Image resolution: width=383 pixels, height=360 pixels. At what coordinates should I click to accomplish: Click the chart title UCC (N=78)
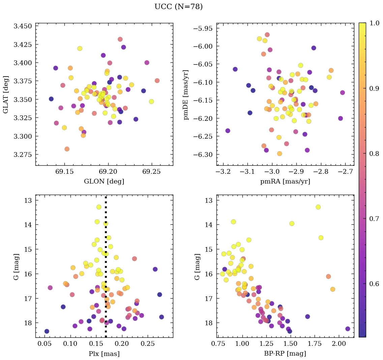click(x=178, y=7)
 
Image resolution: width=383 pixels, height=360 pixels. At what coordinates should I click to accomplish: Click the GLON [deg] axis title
click(x=104, y=182)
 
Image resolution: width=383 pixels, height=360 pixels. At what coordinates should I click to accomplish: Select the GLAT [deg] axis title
click(x=6, y=94)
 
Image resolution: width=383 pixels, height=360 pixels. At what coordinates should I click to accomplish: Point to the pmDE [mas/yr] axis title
click(x=186, y=94)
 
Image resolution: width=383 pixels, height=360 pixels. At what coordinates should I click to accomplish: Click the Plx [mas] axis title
click(x=104, y=354)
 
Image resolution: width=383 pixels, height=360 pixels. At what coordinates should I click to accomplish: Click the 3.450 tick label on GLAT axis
click(x=23, y=26)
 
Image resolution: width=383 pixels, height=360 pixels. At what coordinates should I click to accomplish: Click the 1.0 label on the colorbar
click(x=374, y=23)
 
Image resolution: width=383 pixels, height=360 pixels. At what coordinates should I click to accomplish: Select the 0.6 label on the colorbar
click(x=374, y=284)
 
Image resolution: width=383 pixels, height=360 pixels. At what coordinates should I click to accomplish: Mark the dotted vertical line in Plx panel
click(x=106, y=270)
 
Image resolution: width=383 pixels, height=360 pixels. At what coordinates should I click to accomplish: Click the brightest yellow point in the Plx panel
click(x=99, y=207)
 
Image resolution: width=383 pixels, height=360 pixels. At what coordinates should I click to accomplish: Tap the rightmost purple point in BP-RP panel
click(x=348, y=329)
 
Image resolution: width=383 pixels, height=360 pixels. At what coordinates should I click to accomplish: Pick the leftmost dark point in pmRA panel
click(x=228, y=131)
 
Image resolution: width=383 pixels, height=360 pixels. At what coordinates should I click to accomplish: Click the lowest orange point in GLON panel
click(x=67, y=149)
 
